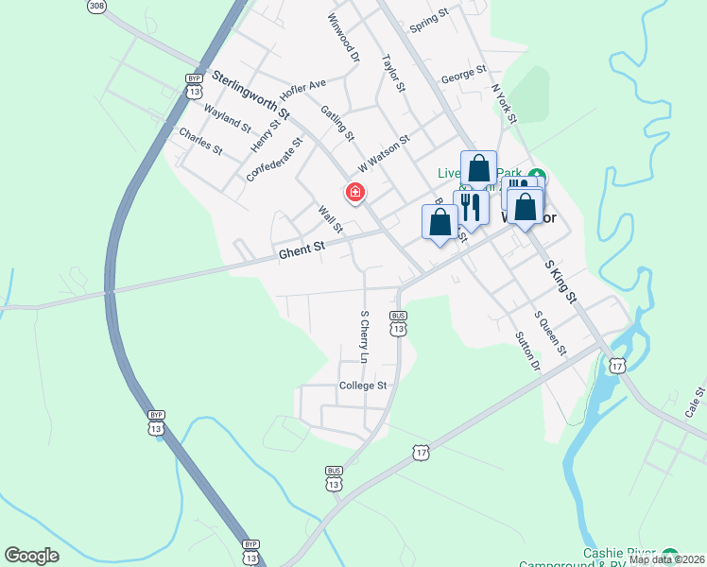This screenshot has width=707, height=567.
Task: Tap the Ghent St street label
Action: coord(302,249)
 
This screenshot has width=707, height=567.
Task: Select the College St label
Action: coord(364,386)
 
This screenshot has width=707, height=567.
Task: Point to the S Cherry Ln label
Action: coord(363,336)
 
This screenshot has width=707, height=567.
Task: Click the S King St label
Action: coord(560,283)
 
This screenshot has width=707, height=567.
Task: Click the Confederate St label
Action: coord(274,160)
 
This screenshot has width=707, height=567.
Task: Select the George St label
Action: coord(463,72)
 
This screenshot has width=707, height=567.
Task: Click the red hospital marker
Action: coord(355,193)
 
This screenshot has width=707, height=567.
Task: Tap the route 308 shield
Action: coord(96,6)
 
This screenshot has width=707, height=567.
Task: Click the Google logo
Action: coord(31,556)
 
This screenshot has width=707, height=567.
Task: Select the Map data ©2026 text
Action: coord(666,559)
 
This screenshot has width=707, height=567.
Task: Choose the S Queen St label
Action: coord(549,334)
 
